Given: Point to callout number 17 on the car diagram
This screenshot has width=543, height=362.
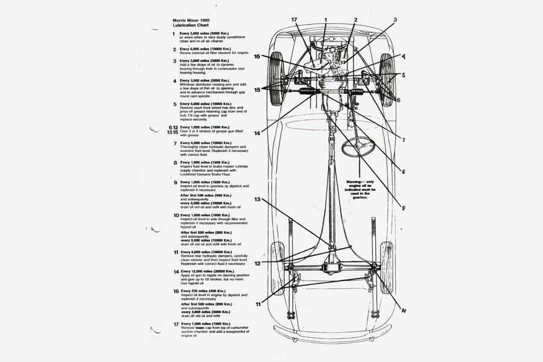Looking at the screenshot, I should pyautogui.click(x=294, y=21).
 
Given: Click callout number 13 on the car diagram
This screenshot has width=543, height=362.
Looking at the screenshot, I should pyautogui.click(x=257, y=199).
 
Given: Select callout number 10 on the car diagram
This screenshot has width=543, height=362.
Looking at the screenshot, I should pyautogui.click(x=403, y=310).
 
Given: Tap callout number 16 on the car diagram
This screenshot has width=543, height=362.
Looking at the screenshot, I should pyautogui.click(x=257, y=57).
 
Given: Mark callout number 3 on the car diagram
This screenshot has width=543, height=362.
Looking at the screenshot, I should pyautogui.click(x=395, y=19).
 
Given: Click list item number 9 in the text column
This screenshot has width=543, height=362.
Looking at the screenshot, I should pyautogui.click(x=175, y=182).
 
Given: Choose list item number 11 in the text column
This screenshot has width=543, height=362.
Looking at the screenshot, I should pyautogui.click(x=176, y=252).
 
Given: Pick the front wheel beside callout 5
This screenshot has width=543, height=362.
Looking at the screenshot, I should pyautogui.click(x=387, y=79).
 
